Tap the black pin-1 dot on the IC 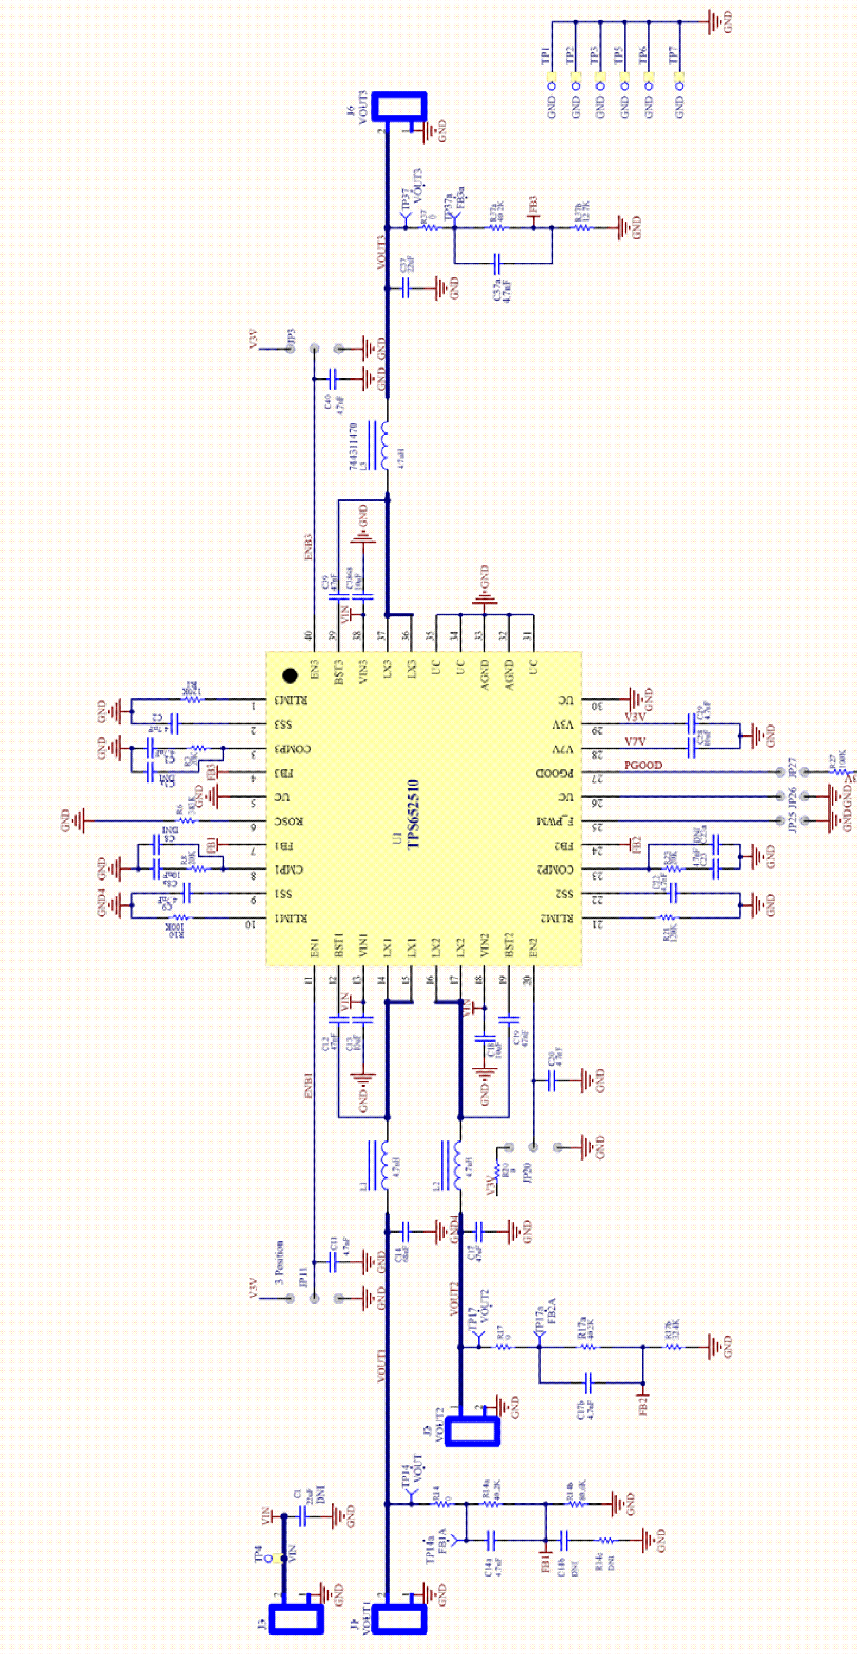click(290, 675)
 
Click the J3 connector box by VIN click(295, 1619)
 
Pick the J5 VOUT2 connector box click(472, 1431)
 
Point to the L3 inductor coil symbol click(384, 446)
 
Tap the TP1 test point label click(546, 55)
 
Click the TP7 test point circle click(680, 85)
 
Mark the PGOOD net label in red click(642, 765)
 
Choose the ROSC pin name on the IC click(289, 821)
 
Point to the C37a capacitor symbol click(496, 263)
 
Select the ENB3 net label click(307, 546)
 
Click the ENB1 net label click(307, 1085)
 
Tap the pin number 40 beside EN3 click(309, 636)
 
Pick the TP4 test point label click(258, 1553)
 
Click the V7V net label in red click(635, 741)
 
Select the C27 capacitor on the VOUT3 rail click(406, 288)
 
